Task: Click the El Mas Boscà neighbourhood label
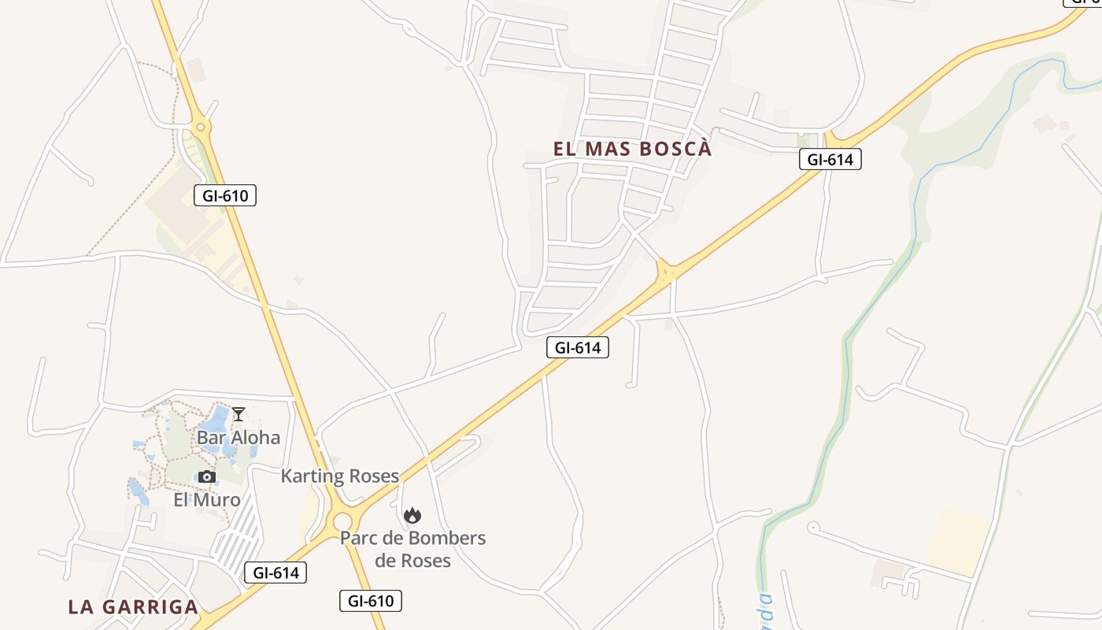click(632, 149)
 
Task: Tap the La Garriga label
click(132, 606)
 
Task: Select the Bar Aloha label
click(239, 437)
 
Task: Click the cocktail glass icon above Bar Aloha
click(239, 414)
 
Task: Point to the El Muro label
click(207, 499)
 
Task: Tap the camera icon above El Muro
click(207, 476)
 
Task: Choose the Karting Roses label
click(340, 476)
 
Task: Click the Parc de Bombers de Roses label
click(413, 549)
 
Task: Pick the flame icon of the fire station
click(412, 516)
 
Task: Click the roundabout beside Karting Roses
click(342, 521)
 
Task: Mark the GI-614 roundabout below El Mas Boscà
click(667, 272)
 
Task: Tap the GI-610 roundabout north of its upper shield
click(201, 126)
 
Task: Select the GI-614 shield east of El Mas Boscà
click(830, 159)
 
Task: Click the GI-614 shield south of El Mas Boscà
click(578, 346)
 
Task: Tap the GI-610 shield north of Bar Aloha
click(225, 195)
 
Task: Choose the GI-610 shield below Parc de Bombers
click(371, 601)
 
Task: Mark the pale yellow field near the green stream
click(957, 542)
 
